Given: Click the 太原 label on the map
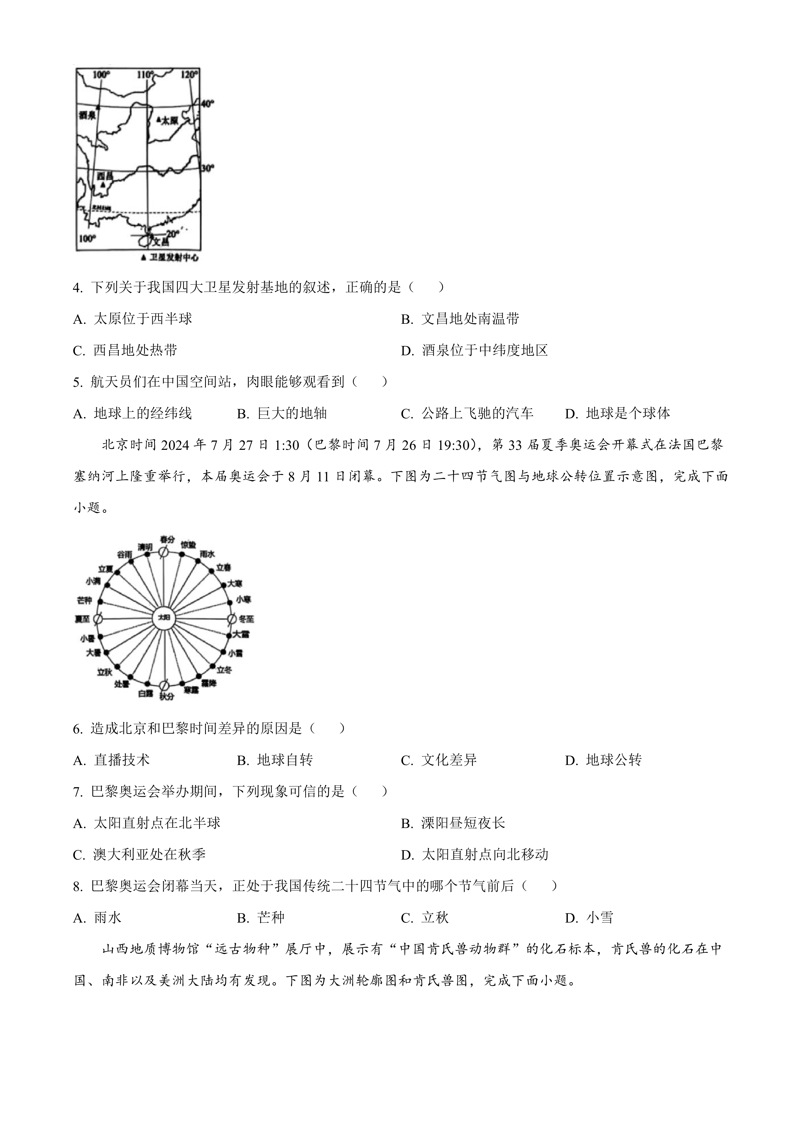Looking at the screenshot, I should click(170, 120).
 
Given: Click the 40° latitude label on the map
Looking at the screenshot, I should click(207, 104).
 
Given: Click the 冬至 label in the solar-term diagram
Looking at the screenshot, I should click(246, 618).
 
